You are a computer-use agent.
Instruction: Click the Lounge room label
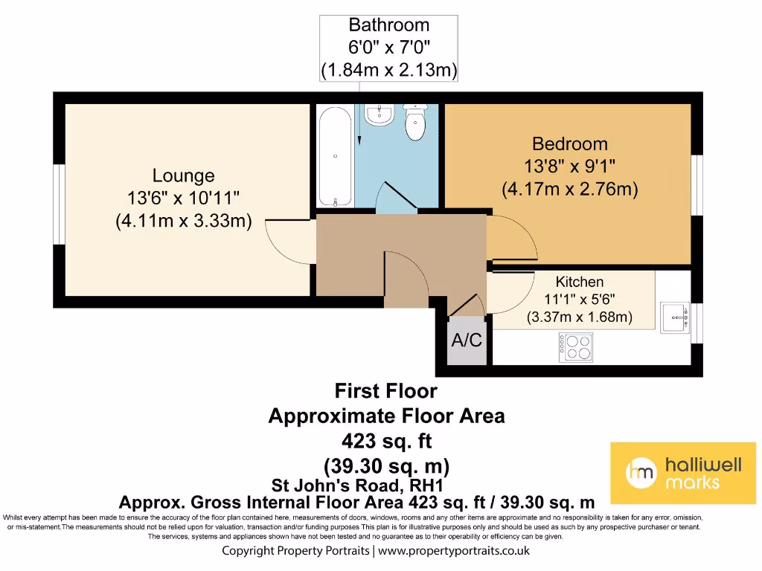click(x=183, y=176)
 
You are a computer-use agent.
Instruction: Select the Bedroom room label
click(x=569, y=143)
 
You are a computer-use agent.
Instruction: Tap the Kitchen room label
click(x=580, y=282)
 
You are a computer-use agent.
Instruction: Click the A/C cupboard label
click(x=467, y=341)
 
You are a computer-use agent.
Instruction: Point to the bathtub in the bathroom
click(x=336, y=157)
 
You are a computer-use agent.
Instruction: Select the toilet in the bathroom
click(x=415, y=121)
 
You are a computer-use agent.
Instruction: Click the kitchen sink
click(x=676, y=317)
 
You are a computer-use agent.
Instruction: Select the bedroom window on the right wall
click(x=697, y=184)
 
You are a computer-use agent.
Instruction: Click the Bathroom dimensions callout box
click(x=388, y=48)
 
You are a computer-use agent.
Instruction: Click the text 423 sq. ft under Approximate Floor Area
click(x=386, y=440)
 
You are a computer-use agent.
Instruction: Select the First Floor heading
click(x=385, y=390)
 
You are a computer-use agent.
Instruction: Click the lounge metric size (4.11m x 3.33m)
click(x=183, y=221)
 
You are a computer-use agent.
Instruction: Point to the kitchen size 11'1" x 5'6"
click(x=580, y=300)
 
